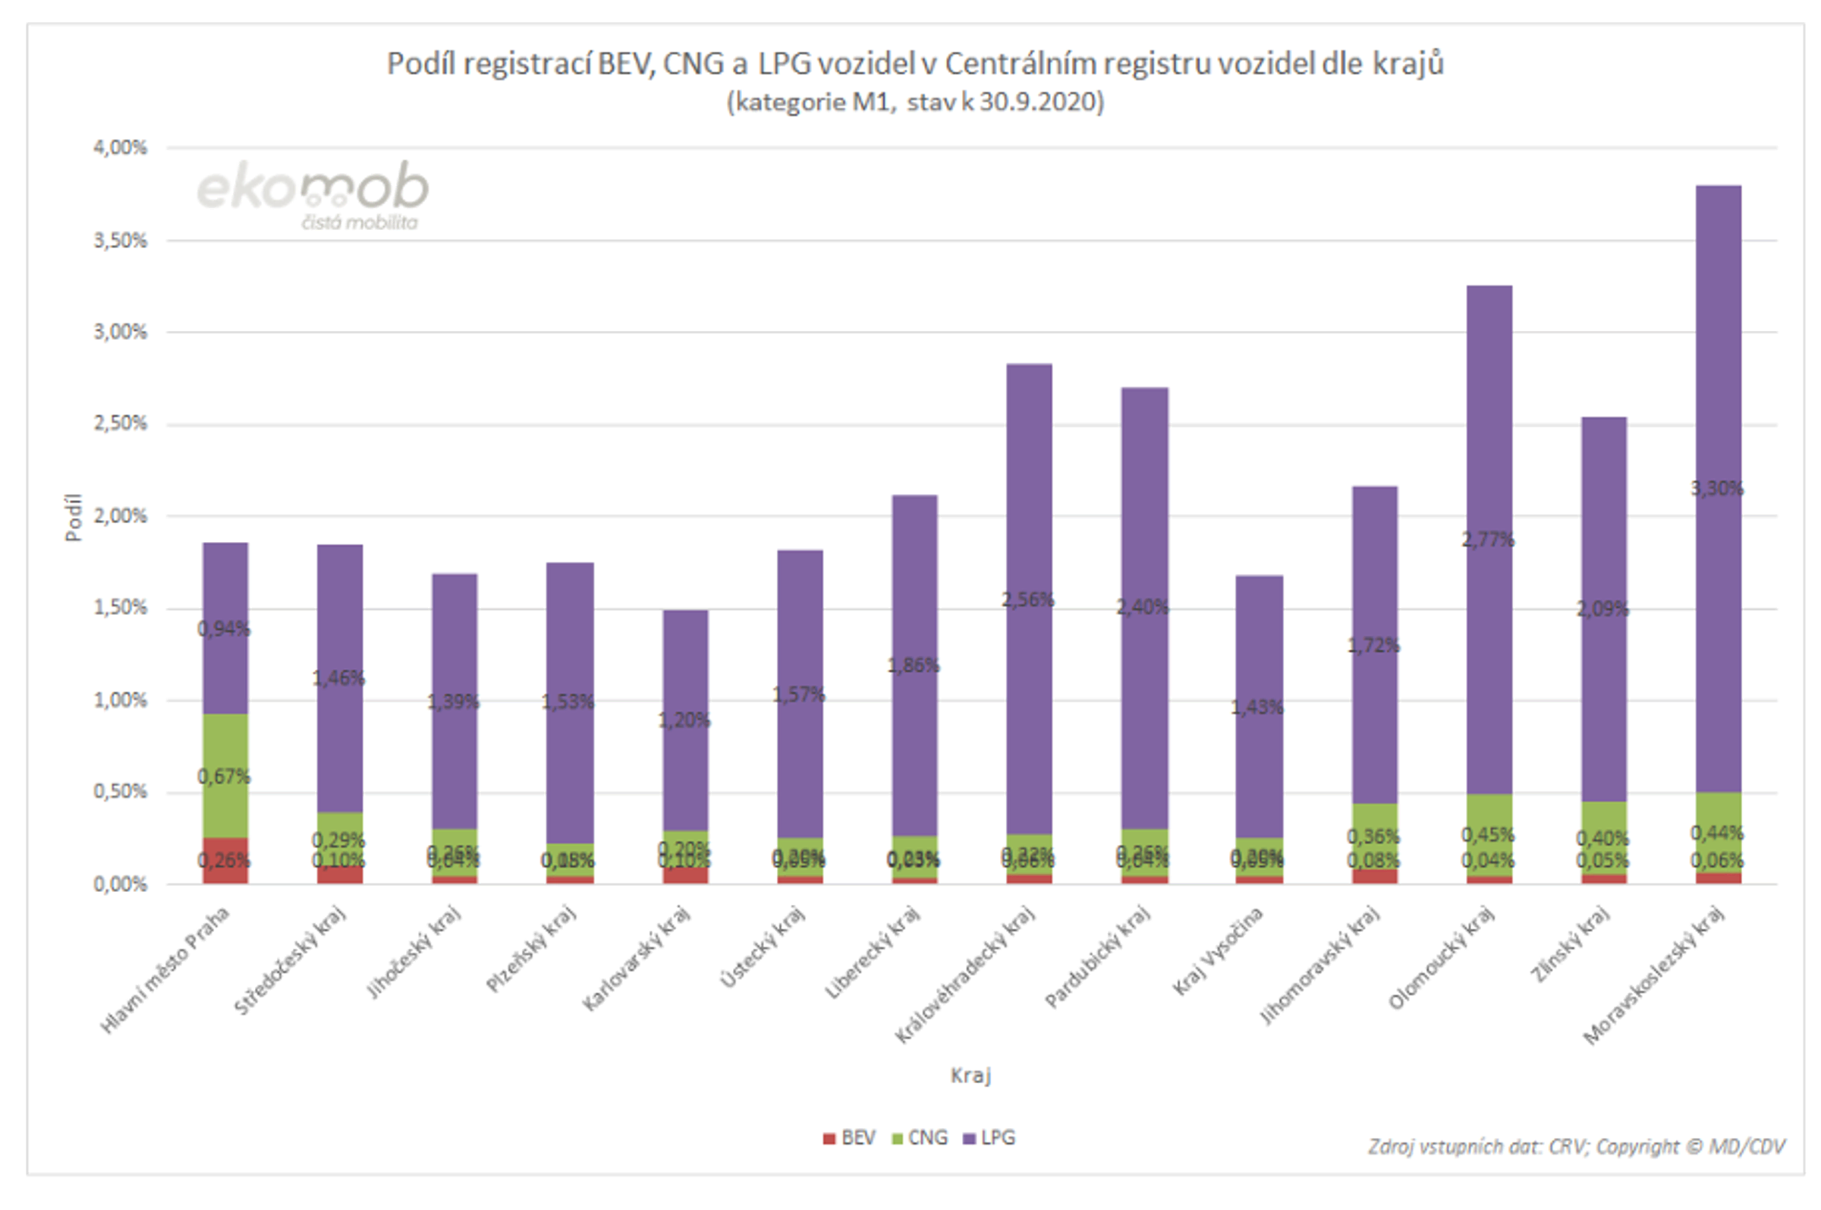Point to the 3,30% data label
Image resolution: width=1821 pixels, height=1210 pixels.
point(1716,488)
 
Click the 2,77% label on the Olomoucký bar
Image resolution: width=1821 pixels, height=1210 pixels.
point(1488,540)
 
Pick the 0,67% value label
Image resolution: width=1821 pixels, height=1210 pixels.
point(224,776)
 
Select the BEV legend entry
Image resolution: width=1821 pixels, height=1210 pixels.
point(849,1137)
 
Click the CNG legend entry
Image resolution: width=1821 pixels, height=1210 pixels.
point(920,1137)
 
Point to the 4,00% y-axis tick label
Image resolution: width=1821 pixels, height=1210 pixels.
point(121,147)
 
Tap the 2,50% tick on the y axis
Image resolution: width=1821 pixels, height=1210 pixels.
point(121,424)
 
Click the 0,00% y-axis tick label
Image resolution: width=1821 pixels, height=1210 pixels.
point(121,884)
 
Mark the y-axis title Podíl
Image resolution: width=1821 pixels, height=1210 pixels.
point(74,517)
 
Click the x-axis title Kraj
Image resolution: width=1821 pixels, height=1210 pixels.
point(970,1075)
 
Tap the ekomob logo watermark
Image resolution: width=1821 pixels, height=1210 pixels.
point(313,194)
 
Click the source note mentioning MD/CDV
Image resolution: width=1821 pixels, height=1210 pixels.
point(1577,1147)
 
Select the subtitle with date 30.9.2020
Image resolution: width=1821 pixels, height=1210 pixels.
point(915,102)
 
